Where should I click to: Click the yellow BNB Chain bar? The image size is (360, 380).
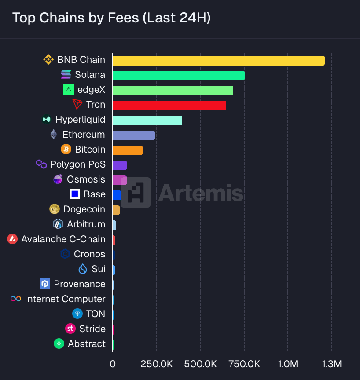218,61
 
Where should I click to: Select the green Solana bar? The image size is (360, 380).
178,76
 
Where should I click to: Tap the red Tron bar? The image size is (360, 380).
169,106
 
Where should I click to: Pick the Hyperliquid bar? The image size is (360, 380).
147,121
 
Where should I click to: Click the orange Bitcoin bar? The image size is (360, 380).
127,150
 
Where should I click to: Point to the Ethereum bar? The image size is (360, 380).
133,135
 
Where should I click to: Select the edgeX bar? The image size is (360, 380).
173,91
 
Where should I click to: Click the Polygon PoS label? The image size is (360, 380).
78,164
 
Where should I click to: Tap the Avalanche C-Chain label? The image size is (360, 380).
63,239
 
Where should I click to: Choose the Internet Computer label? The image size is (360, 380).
65,299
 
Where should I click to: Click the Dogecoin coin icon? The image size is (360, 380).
55,209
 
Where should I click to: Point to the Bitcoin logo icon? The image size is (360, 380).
66,150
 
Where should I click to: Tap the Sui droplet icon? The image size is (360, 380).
83,269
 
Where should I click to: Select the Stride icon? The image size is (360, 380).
70,329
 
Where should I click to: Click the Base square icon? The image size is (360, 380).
75,194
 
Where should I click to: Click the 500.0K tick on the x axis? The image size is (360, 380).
200,364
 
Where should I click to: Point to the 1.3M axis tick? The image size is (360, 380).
331,364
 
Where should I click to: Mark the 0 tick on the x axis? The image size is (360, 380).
113,364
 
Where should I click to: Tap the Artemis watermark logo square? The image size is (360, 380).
136,193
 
